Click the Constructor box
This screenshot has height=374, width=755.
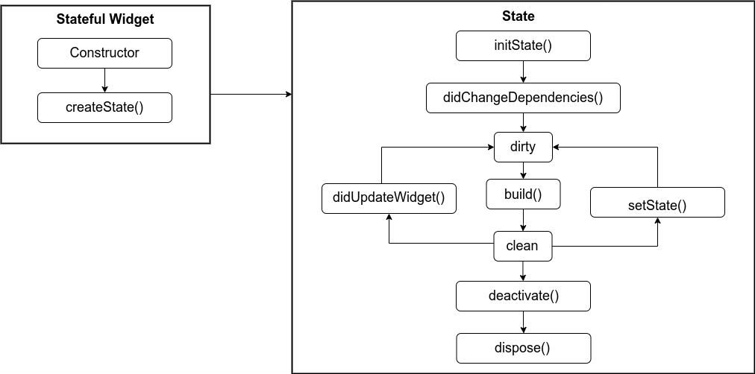[x=104, y=53]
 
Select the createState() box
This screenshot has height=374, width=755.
[x=104, y=107]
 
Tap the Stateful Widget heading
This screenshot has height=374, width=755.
[x=105, y=19]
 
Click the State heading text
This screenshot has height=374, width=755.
[x=523, y=16]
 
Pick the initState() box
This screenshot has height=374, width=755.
[x=523, y=45]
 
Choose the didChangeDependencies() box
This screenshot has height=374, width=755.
[x=523, y=98]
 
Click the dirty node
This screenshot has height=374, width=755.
[x=523, y=147]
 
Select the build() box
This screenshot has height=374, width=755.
[x=523, y=194]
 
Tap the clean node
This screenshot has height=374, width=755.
[x=523, y=247]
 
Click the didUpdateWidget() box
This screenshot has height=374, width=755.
[x=389, y=198]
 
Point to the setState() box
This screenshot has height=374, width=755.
[x=657, y=203]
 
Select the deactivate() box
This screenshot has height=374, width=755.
[x=523, y=296]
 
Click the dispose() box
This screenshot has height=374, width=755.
[x=523, y=348]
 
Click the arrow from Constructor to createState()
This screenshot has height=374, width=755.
[x=104, y=80]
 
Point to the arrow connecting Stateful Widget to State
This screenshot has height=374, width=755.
[x=251, y=95]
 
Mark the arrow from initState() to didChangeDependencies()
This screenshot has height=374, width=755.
[x=523, y=72]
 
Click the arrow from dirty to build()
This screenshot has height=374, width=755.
[x=523, y=171]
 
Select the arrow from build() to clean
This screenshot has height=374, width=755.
[x=523, y=221]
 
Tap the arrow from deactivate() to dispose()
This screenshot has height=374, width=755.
[x=523, y=322]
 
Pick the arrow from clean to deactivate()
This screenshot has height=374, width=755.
[x=523, y=271]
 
